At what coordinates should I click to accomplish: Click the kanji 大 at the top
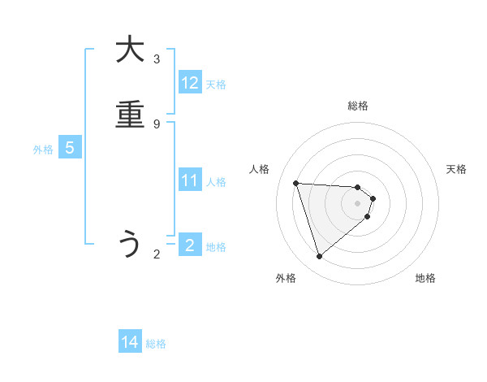[x=130, y=50]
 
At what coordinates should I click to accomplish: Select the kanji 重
[x=130, y=115]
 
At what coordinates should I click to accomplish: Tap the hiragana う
[x=130, y=245]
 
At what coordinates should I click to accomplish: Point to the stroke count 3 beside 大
[x=157, y=59]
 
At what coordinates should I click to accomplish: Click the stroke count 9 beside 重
[x=157, y=124]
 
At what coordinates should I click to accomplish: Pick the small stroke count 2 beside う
[x=157, y=254]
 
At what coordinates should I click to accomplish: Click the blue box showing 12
[x=190, y=83]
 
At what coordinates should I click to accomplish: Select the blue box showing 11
[x=190, y=180]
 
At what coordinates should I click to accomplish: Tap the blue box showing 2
[x=190, y=245]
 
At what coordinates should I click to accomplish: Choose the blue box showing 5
[x=70, y=148]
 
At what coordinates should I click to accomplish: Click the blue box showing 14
[x=130, y=343]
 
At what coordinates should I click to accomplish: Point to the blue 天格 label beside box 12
[x=216, y=85]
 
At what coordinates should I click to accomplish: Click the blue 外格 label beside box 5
[x=43, y=150]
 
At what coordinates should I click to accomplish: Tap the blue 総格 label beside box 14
[x=156, y=344]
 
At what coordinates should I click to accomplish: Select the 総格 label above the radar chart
[x=358, y=106]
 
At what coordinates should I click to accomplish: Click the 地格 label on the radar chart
[x=425, y=278]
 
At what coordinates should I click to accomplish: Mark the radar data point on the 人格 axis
[x=296, y=183]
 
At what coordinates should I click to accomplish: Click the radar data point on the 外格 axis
[x=320, y=257]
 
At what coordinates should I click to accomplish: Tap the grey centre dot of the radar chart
[x=358, y=214]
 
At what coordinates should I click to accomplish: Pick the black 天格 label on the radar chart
[x=456, y=169]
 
